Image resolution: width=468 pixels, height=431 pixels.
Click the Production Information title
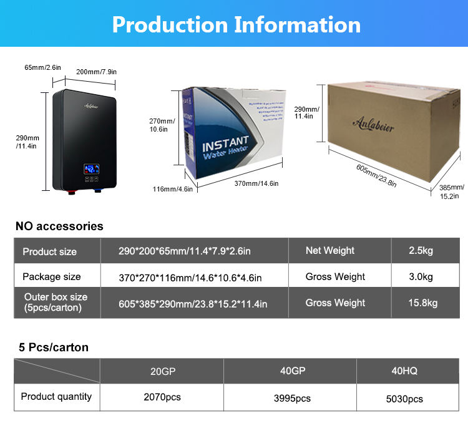pyautogui.click(x=236, y=24)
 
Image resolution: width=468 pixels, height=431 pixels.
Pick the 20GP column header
pyautogui.click(x=163, y=371)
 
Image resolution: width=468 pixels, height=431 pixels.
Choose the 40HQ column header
pyautogui.click(x=404, y=371)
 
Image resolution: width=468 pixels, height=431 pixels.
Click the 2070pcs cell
pyautogui.click(x=163, y=397)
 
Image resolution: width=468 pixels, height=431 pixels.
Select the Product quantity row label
pyautogui.click(x=56, y=396)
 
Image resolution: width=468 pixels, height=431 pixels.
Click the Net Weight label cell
pyautogui.click(x=330, y=251)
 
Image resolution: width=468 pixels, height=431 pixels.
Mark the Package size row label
pyautogui.click(x=52, y=277)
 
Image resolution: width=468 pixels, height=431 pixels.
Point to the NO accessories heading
pyautogui.click(x=59, y=226)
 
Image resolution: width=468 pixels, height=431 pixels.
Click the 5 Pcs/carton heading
pyautogui.click(x=54, y=347)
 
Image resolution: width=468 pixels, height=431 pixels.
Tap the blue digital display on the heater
pyautogui.click(x=91, y=168)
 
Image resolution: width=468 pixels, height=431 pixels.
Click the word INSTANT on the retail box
pyautogui.click(x=225, y=143)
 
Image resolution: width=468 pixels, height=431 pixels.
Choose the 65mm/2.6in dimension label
pyautogui.click(x=42, y=67)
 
